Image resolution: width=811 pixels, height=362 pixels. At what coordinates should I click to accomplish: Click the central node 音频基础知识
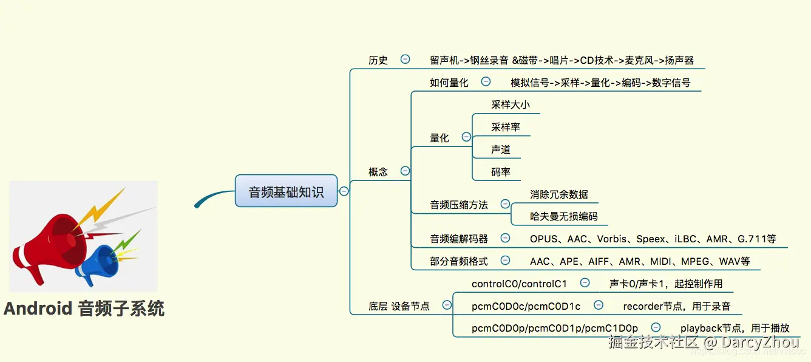click(286, 191)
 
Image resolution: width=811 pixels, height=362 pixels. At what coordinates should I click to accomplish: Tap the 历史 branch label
click(378, 60)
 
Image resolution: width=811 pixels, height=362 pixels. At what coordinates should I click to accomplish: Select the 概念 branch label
click(378, 172)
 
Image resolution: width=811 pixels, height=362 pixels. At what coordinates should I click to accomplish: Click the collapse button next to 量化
click(466, 137)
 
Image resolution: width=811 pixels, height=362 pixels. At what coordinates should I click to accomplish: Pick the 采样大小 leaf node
click(510, 104)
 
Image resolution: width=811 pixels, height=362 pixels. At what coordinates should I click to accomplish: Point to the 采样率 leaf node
click(505, 127)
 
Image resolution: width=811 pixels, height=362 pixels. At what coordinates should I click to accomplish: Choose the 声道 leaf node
click(501, 149)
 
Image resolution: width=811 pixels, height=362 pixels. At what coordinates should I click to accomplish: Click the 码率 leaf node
click(501, 172)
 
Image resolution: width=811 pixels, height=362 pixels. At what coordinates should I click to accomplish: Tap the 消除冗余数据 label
click(558, 194)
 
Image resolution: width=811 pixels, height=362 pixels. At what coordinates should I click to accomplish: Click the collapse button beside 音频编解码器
click(505, 238)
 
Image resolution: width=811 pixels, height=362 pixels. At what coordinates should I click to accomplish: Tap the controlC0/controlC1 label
click(519, 284)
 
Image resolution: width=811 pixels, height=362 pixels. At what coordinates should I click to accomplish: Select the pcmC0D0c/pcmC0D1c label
click(526, 306)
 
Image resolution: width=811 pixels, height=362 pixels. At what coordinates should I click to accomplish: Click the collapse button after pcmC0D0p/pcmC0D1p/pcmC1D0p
click(656, 327)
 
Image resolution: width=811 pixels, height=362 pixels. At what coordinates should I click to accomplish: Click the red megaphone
click(55, 243)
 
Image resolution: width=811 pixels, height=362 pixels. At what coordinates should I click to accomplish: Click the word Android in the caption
click(38, 309)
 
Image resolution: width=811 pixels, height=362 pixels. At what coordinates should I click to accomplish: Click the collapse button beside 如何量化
click(486, 81)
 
